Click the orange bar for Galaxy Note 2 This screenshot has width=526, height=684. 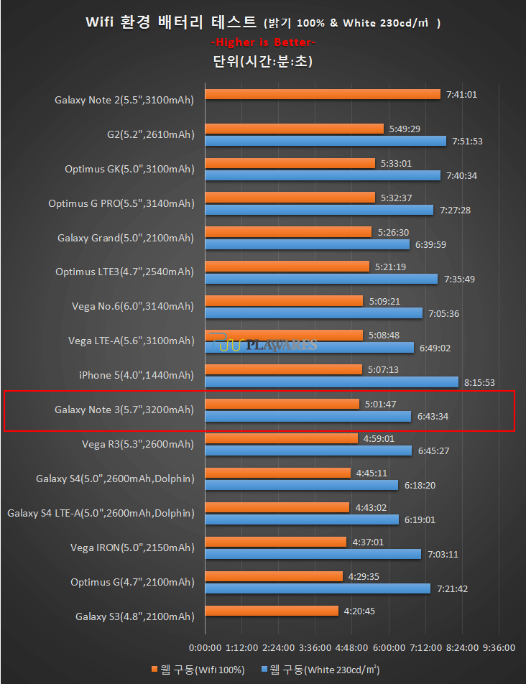click(x=322, y=94)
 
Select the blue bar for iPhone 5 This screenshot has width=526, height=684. click(x=331, y=382)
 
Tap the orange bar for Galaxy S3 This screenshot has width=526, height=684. click(x=271, y=611)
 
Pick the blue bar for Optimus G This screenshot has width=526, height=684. click(x=318, y=588)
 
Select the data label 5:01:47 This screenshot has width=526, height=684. click(x=381, y=404)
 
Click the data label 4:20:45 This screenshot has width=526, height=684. click(x=359, y=611)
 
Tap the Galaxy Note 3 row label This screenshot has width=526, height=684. click(x=124, y=410)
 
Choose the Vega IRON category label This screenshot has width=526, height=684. click(x=132, y=547)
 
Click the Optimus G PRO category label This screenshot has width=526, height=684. click(x=121, y=203)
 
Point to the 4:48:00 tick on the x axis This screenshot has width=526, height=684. click(x=351, y=647)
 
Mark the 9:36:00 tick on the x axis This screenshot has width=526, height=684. click(x=499, y=647)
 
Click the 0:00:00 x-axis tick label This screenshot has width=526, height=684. click(x=205, y=647)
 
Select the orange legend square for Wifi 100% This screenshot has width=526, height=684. click(x=154, y=670)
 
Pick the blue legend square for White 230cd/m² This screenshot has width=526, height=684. click(x=264, y=670)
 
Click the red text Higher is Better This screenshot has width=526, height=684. click(x=262, y=42)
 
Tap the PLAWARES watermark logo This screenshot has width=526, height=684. click(x=267, y=345)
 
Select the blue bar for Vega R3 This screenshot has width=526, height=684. click(x=308, y=451)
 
